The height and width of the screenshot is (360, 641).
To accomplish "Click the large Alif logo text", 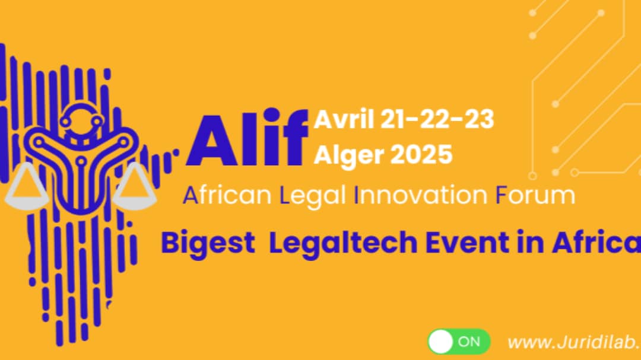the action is coord(247,138).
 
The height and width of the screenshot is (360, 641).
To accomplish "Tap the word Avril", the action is coord(344,119).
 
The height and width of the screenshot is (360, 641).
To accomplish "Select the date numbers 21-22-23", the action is coord(437,119).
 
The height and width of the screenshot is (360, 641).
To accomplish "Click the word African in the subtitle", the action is coord(227,195).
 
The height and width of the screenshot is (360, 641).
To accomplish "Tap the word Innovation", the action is coord(421,195).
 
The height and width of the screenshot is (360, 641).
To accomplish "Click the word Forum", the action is coord(535,195).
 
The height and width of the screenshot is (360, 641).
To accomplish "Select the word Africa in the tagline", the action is coord(596,242).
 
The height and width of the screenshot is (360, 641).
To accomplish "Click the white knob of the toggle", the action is coord(440,342).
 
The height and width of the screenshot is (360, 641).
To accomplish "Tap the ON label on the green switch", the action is coord(469,342).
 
